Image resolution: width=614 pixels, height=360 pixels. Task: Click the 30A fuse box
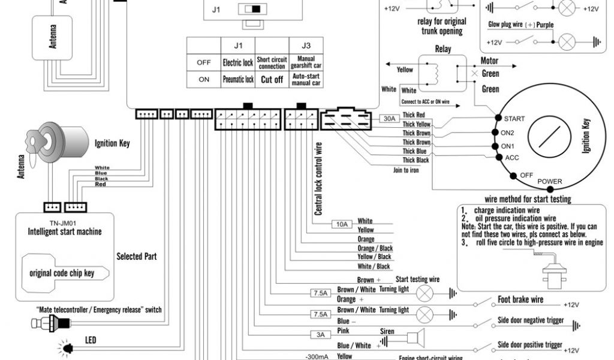[x=390, y=119]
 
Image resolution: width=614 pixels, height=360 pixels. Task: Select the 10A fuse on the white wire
[x=342, y=224]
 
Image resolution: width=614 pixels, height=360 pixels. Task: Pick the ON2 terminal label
[x=507, y=133]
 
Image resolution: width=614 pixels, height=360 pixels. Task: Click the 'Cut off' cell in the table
[x=271, y=79]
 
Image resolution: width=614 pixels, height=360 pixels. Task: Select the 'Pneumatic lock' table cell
[x=238, y=79]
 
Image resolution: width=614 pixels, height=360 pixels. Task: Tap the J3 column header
[x=306, y=45]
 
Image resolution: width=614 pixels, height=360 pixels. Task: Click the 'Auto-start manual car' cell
[x=306, y=79]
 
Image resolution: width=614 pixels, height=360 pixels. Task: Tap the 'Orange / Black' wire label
[x=374, y=248]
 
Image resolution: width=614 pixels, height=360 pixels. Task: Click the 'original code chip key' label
[x=62, y=274]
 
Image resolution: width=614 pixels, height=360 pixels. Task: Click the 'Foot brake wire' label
[x=520, y=299]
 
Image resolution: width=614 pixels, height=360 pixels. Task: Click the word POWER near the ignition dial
[x=550, y=181]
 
